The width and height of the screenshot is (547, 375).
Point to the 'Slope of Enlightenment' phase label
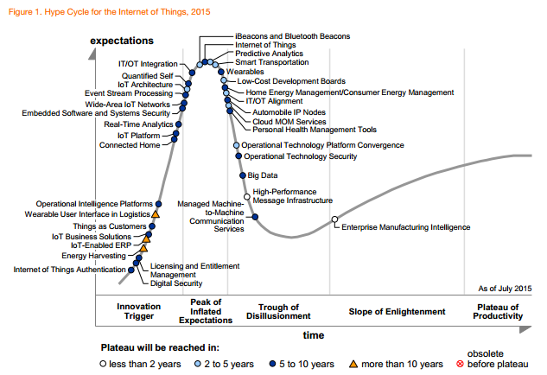point(397,311)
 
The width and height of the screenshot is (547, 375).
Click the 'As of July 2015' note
point(505,288)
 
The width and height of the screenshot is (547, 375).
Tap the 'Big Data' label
point(263,175)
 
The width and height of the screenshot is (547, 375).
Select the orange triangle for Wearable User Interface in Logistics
point(156,213)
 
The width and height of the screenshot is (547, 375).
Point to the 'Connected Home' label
point(130,145)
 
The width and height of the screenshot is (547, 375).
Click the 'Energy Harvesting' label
point(93,256)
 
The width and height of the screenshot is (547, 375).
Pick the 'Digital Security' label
point(176,283)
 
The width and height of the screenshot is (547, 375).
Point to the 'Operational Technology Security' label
point(300,156)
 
